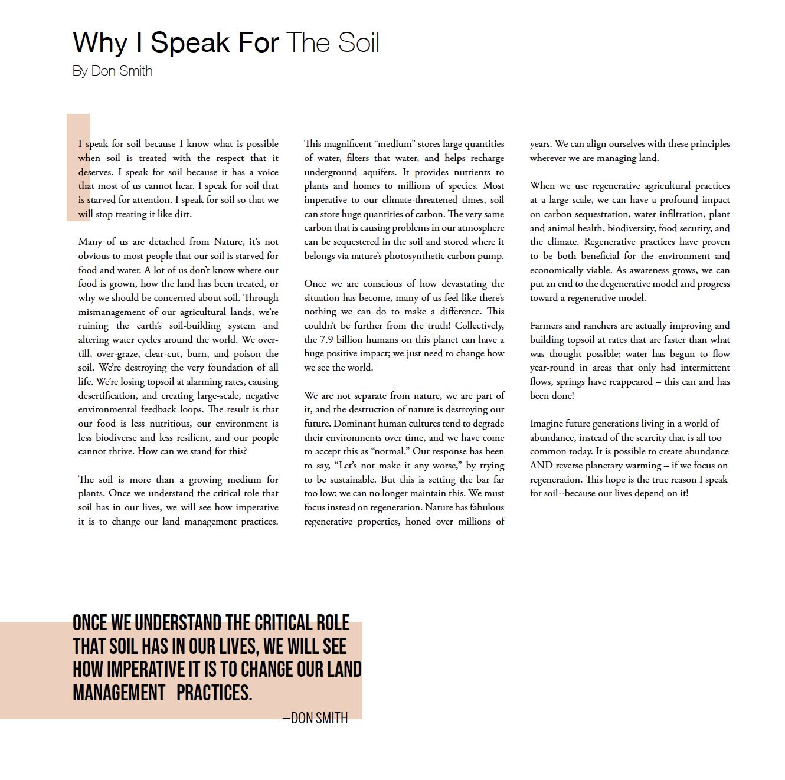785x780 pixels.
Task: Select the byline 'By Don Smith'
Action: pos(113,71)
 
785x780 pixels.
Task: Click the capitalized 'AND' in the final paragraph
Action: pos(541,466)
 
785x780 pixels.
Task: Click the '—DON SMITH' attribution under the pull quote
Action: pos(315,719)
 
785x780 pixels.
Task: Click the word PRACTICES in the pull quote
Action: pos(214,693)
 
